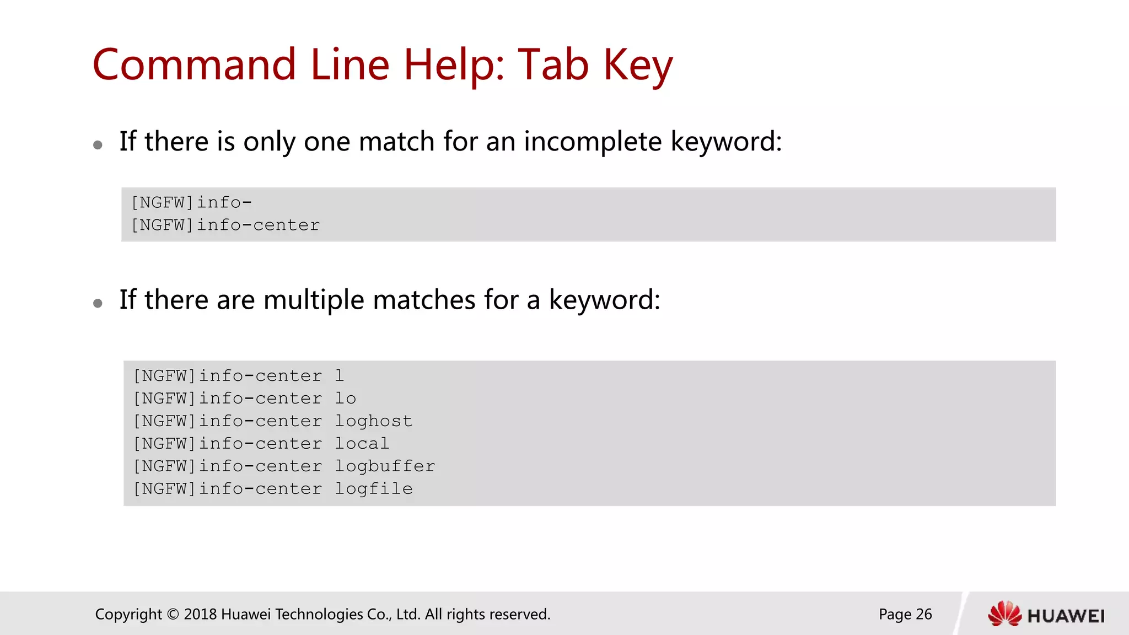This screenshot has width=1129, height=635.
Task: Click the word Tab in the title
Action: (x=553, y=65)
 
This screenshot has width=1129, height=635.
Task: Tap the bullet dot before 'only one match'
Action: (x=98, y=145)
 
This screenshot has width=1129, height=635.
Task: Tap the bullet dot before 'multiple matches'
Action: (x=98, y=303)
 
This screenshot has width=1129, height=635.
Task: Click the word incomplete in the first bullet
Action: (x=592, y=142)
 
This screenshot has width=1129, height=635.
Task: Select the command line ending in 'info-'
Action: (x=191, y=202)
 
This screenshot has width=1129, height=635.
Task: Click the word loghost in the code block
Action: (x=373, y=421)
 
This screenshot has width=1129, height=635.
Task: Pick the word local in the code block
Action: (x=362, y=444)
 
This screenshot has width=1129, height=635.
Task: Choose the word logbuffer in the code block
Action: (x=385, y=466)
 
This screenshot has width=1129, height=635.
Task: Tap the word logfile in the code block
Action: (x=373, y=489)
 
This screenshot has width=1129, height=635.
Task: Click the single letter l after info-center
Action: (x=340, y=376)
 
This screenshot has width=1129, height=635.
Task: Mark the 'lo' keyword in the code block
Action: (x=346, y=399)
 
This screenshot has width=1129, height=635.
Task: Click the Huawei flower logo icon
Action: (x=1004, y=614)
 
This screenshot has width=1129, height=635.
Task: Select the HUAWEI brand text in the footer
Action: (x=1066, y=616)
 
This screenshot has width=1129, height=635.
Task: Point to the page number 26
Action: (x=923, y=614)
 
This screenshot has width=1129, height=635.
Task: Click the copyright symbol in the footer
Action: (x=173, y=614)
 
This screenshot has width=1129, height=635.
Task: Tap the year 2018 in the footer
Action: (x=200, y=614)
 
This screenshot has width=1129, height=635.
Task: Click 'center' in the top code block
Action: (x=286, y=225)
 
